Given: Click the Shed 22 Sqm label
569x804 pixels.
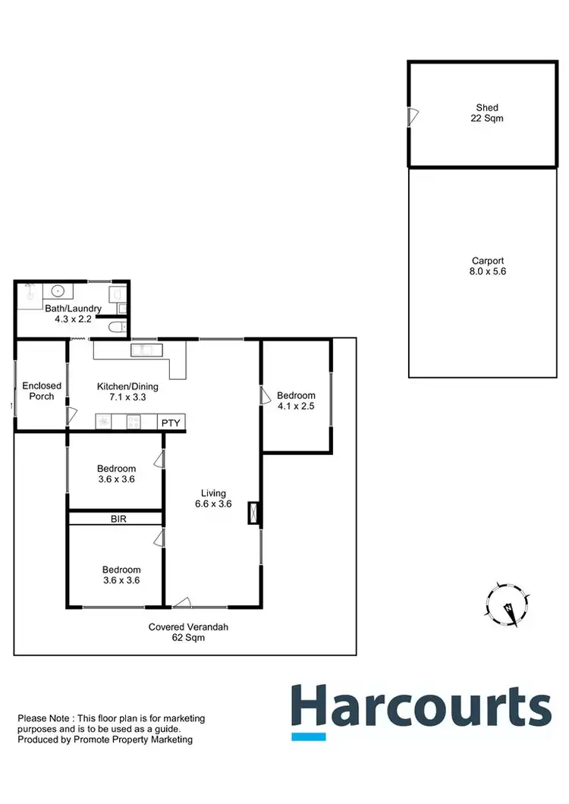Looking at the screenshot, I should pyautogui.click(x=487, y=113).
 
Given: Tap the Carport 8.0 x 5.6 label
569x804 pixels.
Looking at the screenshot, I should pyautogui.click(x=487, y=265).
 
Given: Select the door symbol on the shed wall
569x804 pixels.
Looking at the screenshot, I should pyautogui.click(x=413, y=116).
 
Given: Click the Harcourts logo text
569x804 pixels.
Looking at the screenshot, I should pyautogui.click(x=421, y=706).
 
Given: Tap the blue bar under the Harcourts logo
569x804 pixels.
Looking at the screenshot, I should pyautogui.click(x=309, y=736).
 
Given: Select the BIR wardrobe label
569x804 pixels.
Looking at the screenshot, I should pyautogui.click(x=118, y=519).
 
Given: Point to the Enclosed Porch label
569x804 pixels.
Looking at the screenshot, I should pyautogui.click(x=42, y=391).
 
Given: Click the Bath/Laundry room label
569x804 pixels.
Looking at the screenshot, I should pyautogui.click(x=73, y=314).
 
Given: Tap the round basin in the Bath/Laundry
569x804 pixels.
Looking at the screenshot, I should pyautogui.click(x=58, y=291).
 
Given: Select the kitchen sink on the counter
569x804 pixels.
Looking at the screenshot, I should pyautogui.click(x=142, y=350).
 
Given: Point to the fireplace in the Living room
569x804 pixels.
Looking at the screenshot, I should pyautogui.click(x=253, y=514).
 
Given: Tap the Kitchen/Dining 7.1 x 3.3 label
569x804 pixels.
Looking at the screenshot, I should pyautogui.click(x=127, y=391).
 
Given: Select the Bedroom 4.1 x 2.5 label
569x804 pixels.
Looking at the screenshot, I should pyautogui.click(x=296, y=400).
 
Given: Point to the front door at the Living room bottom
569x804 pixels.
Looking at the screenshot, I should pyautogui.click(x=181, y=602).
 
